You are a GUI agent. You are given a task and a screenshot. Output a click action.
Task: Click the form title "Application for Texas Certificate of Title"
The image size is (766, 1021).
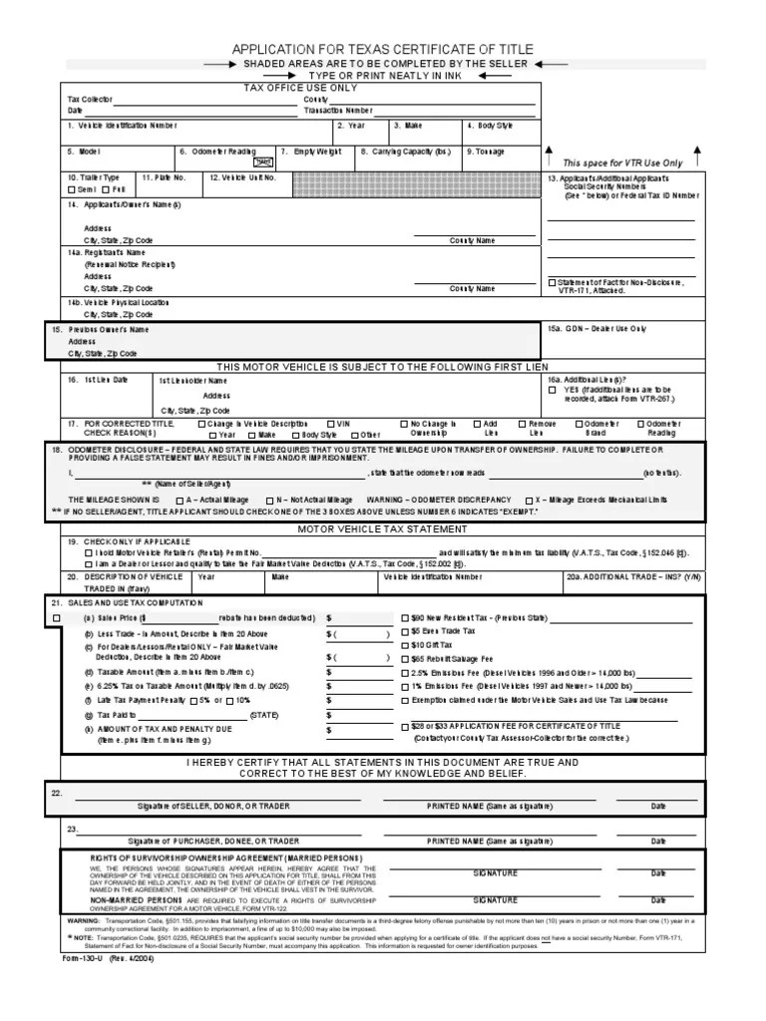coord(383,49)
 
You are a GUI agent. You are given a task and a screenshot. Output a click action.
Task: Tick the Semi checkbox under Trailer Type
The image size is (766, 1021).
coord(71,188)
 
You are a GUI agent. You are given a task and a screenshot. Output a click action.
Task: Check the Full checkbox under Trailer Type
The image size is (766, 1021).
coord(103,188)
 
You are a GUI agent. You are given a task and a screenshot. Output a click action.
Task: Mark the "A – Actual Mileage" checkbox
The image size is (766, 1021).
coord(179,500)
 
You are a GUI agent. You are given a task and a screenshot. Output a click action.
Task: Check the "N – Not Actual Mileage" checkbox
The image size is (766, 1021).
coord(269,500)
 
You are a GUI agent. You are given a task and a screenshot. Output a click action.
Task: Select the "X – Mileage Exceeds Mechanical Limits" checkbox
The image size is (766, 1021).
coord(528,500)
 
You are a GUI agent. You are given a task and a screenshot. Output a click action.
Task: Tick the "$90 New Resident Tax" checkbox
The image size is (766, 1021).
coord(405,618)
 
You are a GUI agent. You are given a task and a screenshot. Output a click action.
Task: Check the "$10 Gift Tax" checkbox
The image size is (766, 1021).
coord(405,645)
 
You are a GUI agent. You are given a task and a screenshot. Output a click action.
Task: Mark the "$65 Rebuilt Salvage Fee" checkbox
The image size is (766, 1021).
coord(405,659)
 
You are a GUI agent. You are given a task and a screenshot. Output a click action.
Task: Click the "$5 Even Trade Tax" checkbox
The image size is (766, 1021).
coord(405,631)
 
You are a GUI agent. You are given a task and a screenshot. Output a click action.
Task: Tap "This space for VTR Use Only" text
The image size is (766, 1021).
coord(622,163)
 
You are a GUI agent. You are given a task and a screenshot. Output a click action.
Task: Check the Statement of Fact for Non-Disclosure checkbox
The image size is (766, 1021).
coord(552,282)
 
